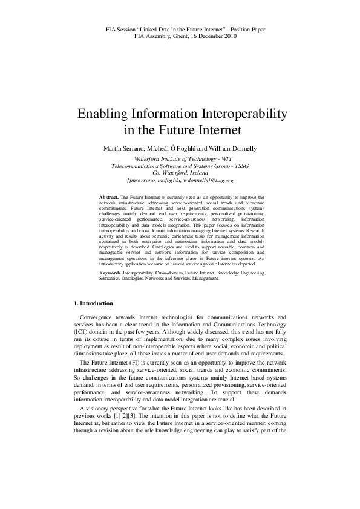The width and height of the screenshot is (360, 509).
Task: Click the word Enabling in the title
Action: (100, 115)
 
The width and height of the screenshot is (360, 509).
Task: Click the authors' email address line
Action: (180, 180)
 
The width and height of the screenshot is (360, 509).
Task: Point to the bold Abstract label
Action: (109, 198)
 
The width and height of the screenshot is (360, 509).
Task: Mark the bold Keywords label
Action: (111, 273)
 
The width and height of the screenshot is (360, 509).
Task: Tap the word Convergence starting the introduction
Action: (100, 317)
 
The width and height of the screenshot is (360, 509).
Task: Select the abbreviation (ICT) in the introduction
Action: (83, 332)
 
